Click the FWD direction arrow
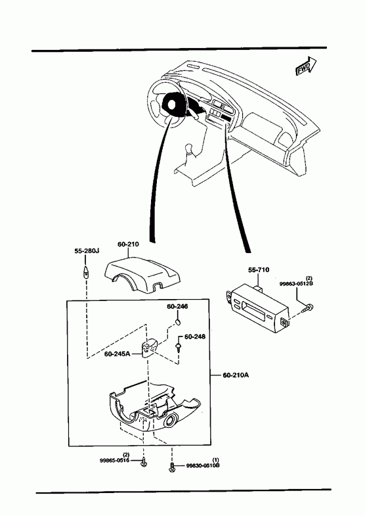point(306,66)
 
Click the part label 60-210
point(128,244)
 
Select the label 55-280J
point(87,250)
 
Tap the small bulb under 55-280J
point(86,273)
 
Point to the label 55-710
point(259,270)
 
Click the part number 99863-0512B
point(296,283)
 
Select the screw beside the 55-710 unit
point(309,308)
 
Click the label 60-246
point(177,306)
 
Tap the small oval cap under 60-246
point(177,321)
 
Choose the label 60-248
point(195,337)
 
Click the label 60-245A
point(118,354)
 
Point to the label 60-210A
point(236,375)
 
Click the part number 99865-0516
point(114,460)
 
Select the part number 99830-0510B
point(203,465)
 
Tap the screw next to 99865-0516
point(143,462)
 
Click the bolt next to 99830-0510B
point(171,467)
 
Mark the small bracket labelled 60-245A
point(150,347)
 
